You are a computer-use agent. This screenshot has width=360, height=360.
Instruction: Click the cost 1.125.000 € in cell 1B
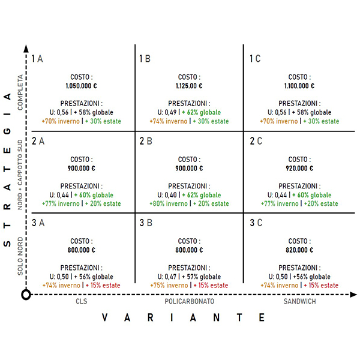point(189,85)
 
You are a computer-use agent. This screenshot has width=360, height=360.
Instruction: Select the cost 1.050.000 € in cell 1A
point(81,85)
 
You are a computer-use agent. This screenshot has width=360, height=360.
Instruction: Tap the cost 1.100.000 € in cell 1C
point(299,85)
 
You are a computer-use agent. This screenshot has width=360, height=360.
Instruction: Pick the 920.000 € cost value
point(299,169)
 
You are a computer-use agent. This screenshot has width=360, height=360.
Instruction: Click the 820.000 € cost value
point(299,250)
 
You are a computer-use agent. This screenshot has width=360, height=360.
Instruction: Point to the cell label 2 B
point(145,142)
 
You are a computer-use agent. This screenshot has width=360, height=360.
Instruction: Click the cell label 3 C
point(256,223)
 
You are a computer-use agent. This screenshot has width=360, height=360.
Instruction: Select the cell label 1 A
point(37,59)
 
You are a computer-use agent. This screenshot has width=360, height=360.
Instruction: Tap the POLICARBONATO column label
point(189,302)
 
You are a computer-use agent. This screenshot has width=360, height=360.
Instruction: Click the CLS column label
point(82,302)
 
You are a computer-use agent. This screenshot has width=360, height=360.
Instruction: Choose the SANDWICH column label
point(299,302)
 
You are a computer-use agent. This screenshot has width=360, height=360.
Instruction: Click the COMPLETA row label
point(20,92)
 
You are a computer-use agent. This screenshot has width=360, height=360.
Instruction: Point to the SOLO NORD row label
point(20,255)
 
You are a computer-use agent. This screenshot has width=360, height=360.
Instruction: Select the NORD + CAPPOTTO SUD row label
point(20,172)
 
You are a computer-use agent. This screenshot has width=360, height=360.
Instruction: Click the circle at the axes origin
point(25,295)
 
